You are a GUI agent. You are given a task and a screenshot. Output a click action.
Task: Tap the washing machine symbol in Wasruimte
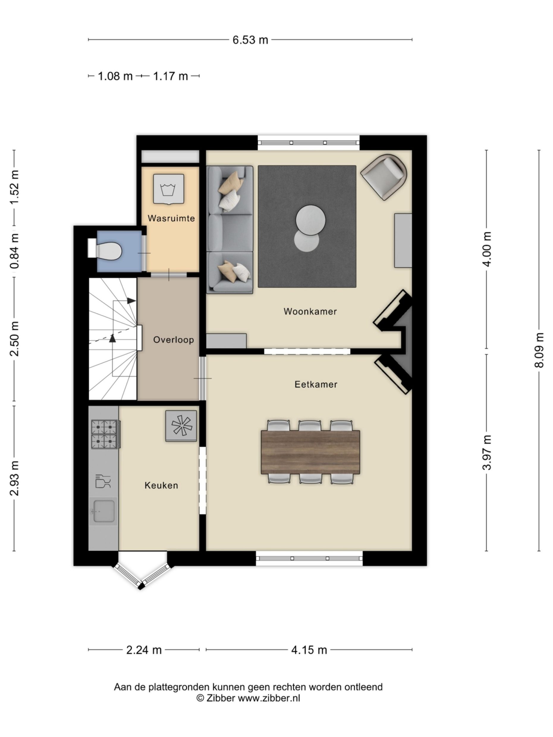[x=168, y=189]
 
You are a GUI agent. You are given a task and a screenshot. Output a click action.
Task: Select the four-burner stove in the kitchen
[x=105, y=434]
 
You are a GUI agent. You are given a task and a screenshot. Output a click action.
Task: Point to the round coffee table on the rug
[x=310, y=220]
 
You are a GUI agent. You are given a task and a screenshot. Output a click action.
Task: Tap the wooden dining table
[x=310, y=452]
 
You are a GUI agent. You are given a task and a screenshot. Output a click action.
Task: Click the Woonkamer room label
[x=310, y=311]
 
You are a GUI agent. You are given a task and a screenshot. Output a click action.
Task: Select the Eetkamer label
[x=316, y=385]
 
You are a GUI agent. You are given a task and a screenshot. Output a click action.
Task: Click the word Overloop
[x=173, y=340]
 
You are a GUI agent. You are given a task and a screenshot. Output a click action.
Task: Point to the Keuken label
[x=161, y=486]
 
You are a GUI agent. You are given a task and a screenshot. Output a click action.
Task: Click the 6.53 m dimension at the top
[x=250, y=40]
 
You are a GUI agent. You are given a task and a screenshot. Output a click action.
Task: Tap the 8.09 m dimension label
[x=539, y=350]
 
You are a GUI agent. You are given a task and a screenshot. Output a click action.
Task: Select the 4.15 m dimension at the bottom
[x=309, y=650]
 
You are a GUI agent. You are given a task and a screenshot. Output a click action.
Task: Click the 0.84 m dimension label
[x=15, y=251]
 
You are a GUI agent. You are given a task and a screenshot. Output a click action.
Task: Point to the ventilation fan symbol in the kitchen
[x=181, y=426]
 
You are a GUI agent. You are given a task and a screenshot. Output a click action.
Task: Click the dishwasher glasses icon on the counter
[x=103, y=481]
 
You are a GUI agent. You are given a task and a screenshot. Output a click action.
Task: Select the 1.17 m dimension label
[x=170, y=76]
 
